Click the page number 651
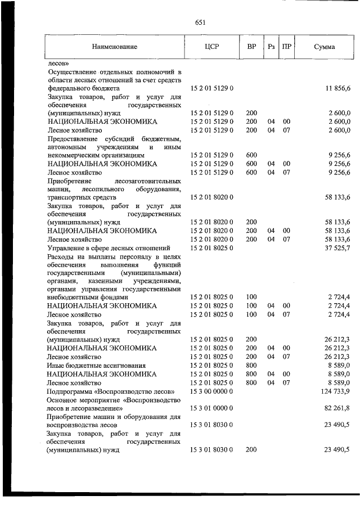tap(200, 22)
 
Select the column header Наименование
tap(115, 47)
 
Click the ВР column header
tap(251, 47)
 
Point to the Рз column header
tap(271, 47)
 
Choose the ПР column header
tap(286, 47)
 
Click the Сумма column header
tap(324, 47)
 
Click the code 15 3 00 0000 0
tap(211, 391)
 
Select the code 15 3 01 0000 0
tap(211, 408)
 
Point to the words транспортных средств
tap(82, 197)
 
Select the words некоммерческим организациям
tap(96, 154)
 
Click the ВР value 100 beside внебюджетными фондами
tap(251, 297)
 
